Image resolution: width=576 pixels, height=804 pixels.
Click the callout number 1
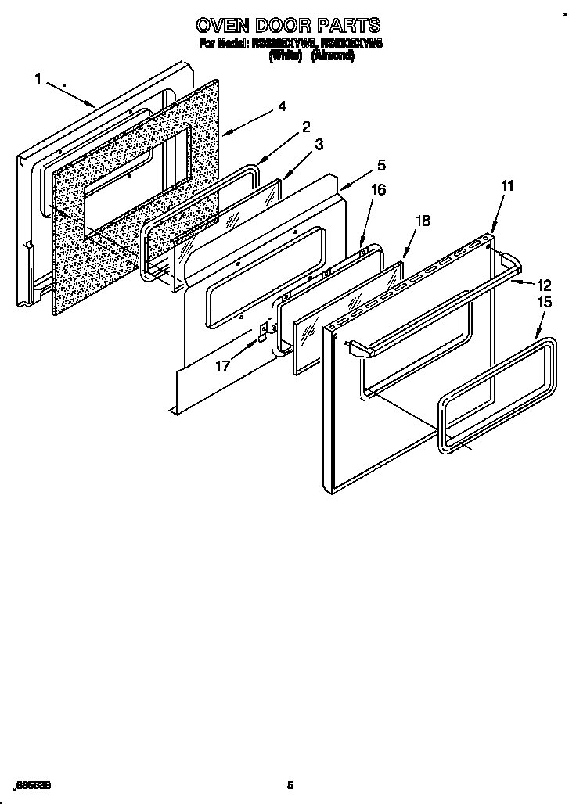pyautogui.click(x=38, y=77)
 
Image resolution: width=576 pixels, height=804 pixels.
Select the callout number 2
pyautogui.click(x=306, y=127)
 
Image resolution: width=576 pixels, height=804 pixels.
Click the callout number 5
pyautogui.click(x=381, y=165)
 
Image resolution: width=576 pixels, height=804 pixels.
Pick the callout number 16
pyautogui.click(x=378, y=189)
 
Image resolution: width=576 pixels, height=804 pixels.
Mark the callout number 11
pyautogui.click(x=507, y=186)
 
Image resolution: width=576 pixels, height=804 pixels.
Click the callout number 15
pyautogui.click(x=545, y=303)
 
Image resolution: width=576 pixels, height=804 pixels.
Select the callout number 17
pyautogui.click(x=223, y=364)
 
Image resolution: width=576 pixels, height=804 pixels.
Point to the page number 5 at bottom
pyautogui.click(x=290, y=785)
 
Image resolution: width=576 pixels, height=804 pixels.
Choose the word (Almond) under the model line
pyautogui.click(x=333, y=56)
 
